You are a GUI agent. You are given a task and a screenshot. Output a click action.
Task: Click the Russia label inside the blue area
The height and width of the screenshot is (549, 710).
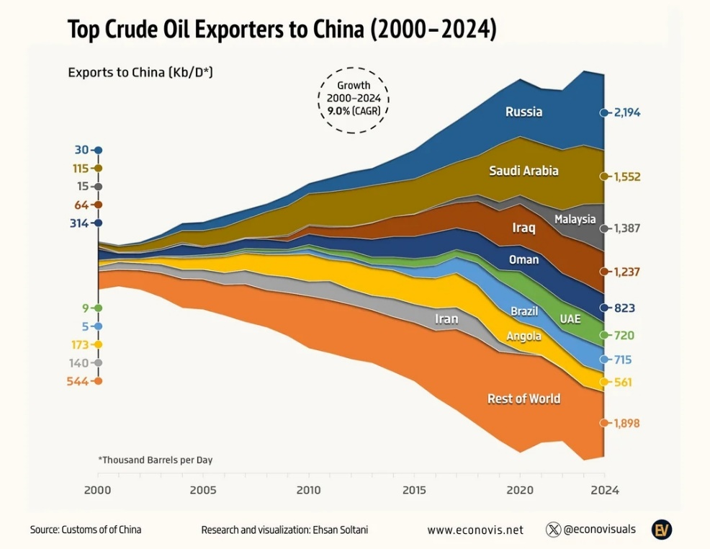pyautogui.click(x=523, y=112)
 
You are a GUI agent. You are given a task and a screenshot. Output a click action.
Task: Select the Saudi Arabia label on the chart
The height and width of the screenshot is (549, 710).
pyautogui.click(x=523, y=171)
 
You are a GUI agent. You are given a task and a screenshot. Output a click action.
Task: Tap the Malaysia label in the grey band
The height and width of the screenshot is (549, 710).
pyautogui.click(x=575, y=219)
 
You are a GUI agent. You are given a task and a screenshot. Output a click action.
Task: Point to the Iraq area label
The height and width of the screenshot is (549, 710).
pyautogui.click(x=523, y=228)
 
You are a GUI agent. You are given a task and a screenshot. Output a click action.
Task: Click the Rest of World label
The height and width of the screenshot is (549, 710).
pyautogui.click(x=523, y=398)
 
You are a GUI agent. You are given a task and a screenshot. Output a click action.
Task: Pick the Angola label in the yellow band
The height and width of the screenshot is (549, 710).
pyautogui.click(x=523, y=336)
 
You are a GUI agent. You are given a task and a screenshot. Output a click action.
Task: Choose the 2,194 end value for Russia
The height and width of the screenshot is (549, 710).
pyautogui.click(x=627, y=112)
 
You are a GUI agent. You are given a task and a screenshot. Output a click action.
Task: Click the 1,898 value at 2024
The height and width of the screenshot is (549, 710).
pyautogui.click(x=626, y=424)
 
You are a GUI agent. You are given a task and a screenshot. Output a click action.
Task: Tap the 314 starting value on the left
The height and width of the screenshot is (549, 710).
pyautogui.click(x=78, y=223)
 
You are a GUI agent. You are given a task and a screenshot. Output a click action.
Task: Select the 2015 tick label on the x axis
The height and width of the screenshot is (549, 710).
pyautogui.click(x=414, y=491)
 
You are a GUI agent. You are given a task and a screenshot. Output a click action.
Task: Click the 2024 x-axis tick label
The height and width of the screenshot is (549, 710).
pyautogui.click(x=604, y=491)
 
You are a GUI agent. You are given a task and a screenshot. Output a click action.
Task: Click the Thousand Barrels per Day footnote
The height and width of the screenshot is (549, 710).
pyautogui.click(x=155, y=460)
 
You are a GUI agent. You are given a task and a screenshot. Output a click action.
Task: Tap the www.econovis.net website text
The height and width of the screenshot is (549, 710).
pyautogui.click(x=475, y=530)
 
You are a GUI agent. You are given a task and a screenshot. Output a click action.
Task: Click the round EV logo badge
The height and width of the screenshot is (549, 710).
pyautogui.click(x=662, y=530)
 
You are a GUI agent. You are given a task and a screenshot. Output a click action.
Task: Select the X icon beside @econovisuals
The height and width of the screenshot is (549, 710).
pyautogui.click(x=553, y=530)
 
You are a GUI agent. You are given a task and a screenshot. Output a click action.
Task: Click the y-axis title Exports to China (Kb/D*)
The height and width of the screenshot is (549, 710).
pyautogui.click(x=140, y=73)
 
